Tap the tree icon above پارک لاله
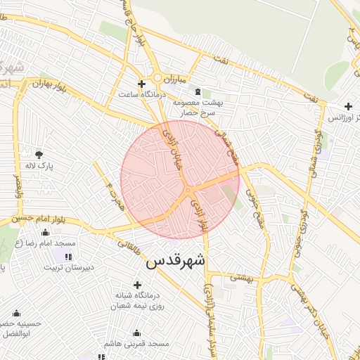[39, 154]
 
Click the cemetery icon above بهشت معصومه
[197, 91]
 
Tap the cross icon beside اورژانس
[348, 106]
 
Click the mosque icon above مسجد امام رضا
[46, 231]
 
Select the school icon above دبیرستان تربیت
[68, 255]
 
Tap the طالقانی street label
[129, 247]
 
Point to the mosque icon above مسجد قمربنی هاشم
[136, 333]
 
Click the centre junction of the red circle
[188, 189]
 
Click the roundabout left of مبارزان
[158, 79]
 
